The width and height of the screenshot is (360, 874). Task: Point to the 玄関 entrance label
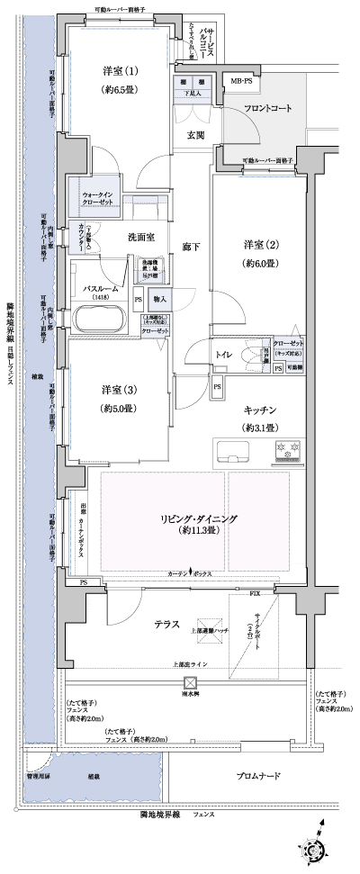(x=196, y=136)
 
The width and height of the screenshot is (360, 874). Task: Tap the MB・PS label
(x=243, y=82)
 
